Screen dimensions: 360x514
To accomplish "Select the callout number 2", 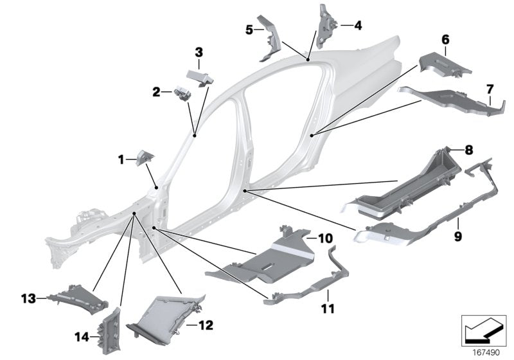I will (157, 93).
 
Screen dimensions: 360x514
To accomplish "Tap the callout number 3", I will (199, 51).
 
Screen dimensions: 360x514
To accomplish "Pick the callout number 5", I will (249, 29).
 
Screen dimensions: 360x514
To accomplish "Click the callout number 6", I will (444, 40).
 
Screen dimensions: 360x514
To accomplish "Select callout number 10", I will (326, 238).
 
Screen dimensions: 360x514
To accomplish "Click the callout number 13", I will (26, 298).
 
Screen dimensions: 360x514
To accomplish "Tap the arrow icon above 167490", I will (485, 330).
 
